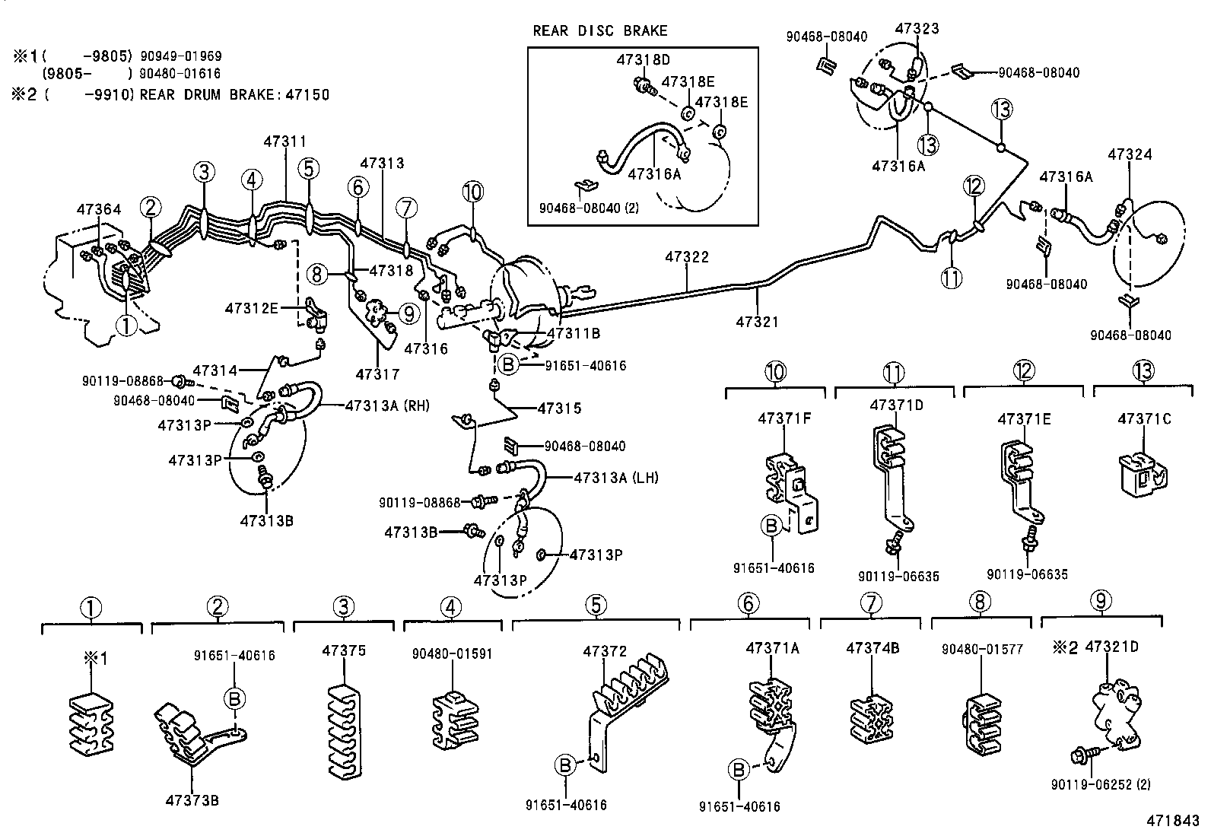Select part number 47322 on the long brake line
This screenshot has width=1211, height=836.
pyautogui.click(x=686, y=257)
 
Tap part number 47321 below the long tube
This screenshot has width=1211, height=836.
pyautogui.click(x=757, y=322)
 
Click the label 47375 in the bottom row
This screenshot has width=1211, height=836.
pyautogui.click(x=344, y=650)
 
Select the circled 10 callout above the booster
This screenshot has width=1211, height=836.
pyautogui.click(x=472, y=192)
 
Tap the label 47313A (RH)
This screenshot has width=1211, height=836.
pyautogui.click(x=386, y=405)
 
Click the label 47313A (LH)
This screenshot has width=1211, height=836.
pyautogui.click(x=615, y=478)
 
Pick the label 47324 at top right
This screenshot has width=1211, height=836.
pyautogui.click(x=1129, y=154)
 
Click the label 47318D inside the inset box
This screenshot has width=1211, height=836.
pyautogui.click(x=643, y=59)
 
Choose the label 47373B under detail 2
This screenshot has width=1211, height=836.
pyautogui.click(x=192, y=799)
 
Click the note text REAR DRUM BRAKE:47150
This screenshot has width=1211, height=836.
pyautogui.click(x=234, y=95)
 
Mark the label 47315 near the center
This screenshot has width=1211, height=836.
pyautogui.click(x=559, y=408)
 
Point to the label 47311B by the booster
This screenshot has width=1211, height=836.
pyautogui.click(x=574, y=332)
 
